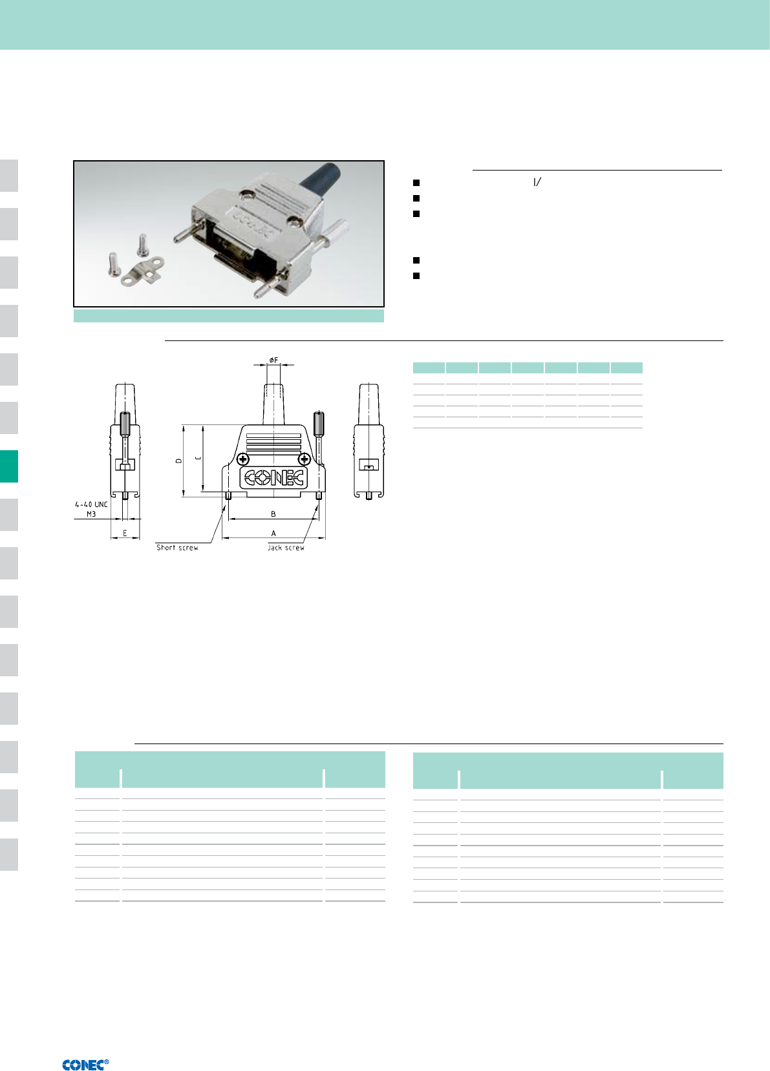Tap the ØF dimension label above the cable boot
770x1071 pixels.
tap(273, 360)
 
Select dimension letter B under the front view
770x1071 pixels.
tap(273, 514)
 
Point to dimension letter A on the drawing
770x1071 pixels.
tap(273, 533)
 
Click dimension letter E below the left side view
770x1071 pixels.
tap(125, 533)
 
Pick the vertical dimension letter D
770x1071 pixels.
tap(178, 461)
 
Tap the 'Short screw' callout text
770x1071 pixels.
tap(177, 548)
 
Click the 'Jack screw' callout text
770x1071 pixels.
tap(286, 548)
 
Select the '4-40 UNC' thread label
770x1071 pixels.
tap(91, 504)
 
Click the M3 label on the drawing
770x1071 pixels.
tap(91, 514)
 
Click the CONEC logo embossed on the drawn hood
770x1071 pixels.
tap(273, 477)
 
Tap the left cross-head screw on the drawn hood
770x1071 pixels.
tap(243, 459)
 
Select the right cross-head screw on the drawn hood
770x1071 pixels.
tap(305, 459)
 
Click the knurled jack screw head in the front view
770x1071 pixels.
tap(319, 424)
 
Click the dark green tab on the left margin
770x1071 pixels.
tap(9, 466)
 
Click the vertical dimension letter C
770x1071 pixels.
tap(198, 458)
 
